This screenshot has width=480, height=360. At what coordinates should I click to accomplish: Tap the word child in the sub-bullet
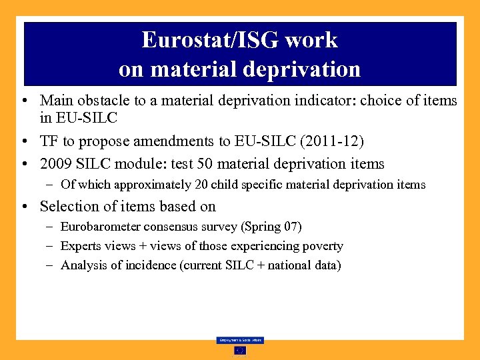coord(224,185)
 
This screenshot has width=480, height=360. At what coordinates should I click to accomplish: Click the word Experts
coord(80,247)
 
